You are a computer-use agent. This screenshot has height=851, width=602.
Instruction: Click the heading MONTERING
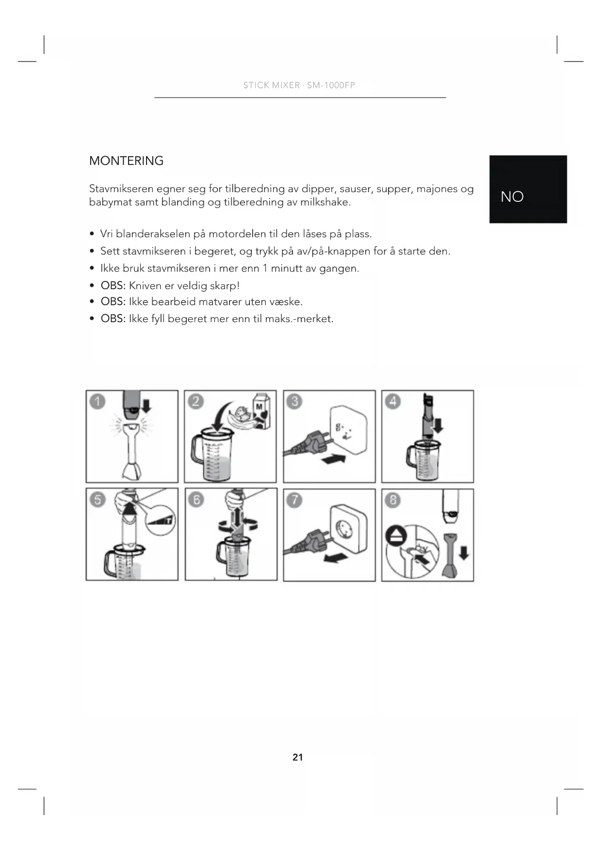(126, 161)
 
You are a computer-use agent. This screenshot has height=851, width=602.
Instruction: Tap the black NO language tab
(528, 189)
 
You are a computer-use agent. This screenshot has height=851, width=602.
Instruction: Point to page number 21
(297, 757)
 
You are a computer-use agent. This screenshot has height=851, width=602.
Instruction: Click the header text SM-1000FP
(331, 85)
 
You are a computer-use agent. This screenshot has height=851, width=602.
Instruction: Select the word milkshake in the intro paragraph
(325, 202)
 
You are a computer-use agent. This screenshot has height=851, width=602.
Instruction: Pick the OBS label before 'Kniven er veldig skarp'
(113, 285)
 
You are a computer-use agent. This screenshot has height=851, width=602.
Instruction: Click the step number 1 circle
(98, 402)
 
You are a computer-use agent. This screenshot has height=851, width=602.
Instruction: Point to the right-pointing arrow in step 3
(334, 459)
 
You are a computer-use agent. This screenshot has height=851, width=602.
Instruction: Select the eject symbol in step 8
(393, 536)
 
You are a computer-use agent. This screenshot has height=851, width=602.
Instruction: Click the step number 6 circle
(196, 500)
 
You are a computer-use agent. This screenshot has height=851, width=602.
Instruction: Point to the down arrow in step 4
(438, 426)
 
